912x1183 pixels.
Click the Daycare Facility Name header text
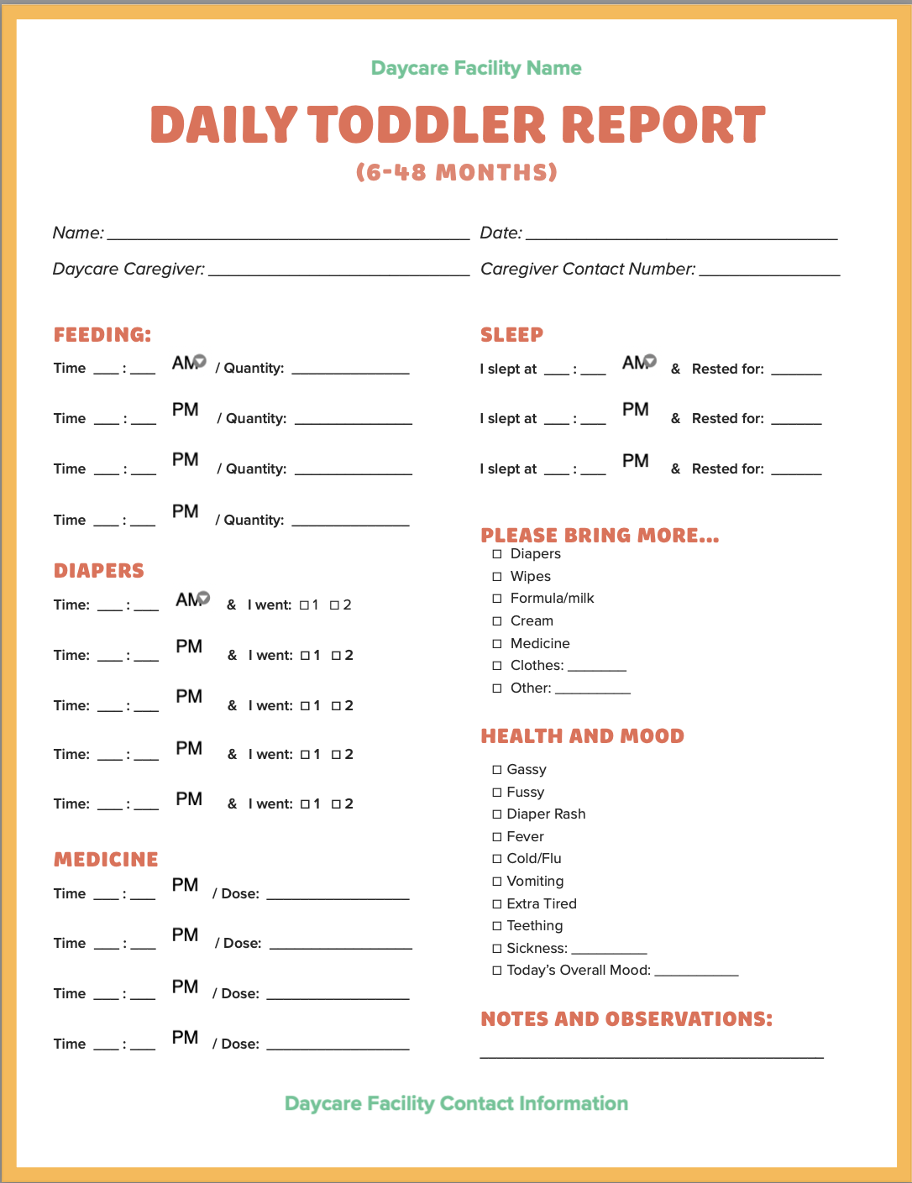coord(476,68)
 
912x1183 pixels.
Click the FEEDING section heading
coord(102,334)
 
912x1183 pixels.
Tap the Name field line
coord(288,235)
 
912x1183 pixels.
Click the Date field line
coord(681,235)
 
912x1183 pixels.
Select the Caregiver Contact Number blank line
coord(769,271)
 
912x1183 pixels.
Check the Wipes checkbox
coord(497,577)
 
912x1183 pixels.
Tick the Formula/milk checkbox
coord(497,599)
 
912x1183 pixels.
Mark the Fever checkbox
coord(497,837)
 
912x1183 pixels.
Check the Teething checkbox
coord(497,926)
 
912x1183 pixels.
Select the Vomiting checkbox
coord(497,882)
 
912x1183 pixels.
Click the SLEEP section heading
coord(511,334)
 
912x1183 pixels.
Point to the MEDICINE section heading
coord(106,859)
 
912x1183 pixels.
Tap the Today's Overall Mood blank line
coord(696,973)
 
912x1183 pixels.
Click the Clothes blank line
coord(596,668)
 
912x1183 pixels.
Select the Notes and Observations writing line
coord(652,1055)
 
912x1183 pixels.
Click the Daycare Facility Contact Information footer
coord(456,1103)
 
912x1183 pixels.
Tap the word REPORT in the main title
coord(663,125)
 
